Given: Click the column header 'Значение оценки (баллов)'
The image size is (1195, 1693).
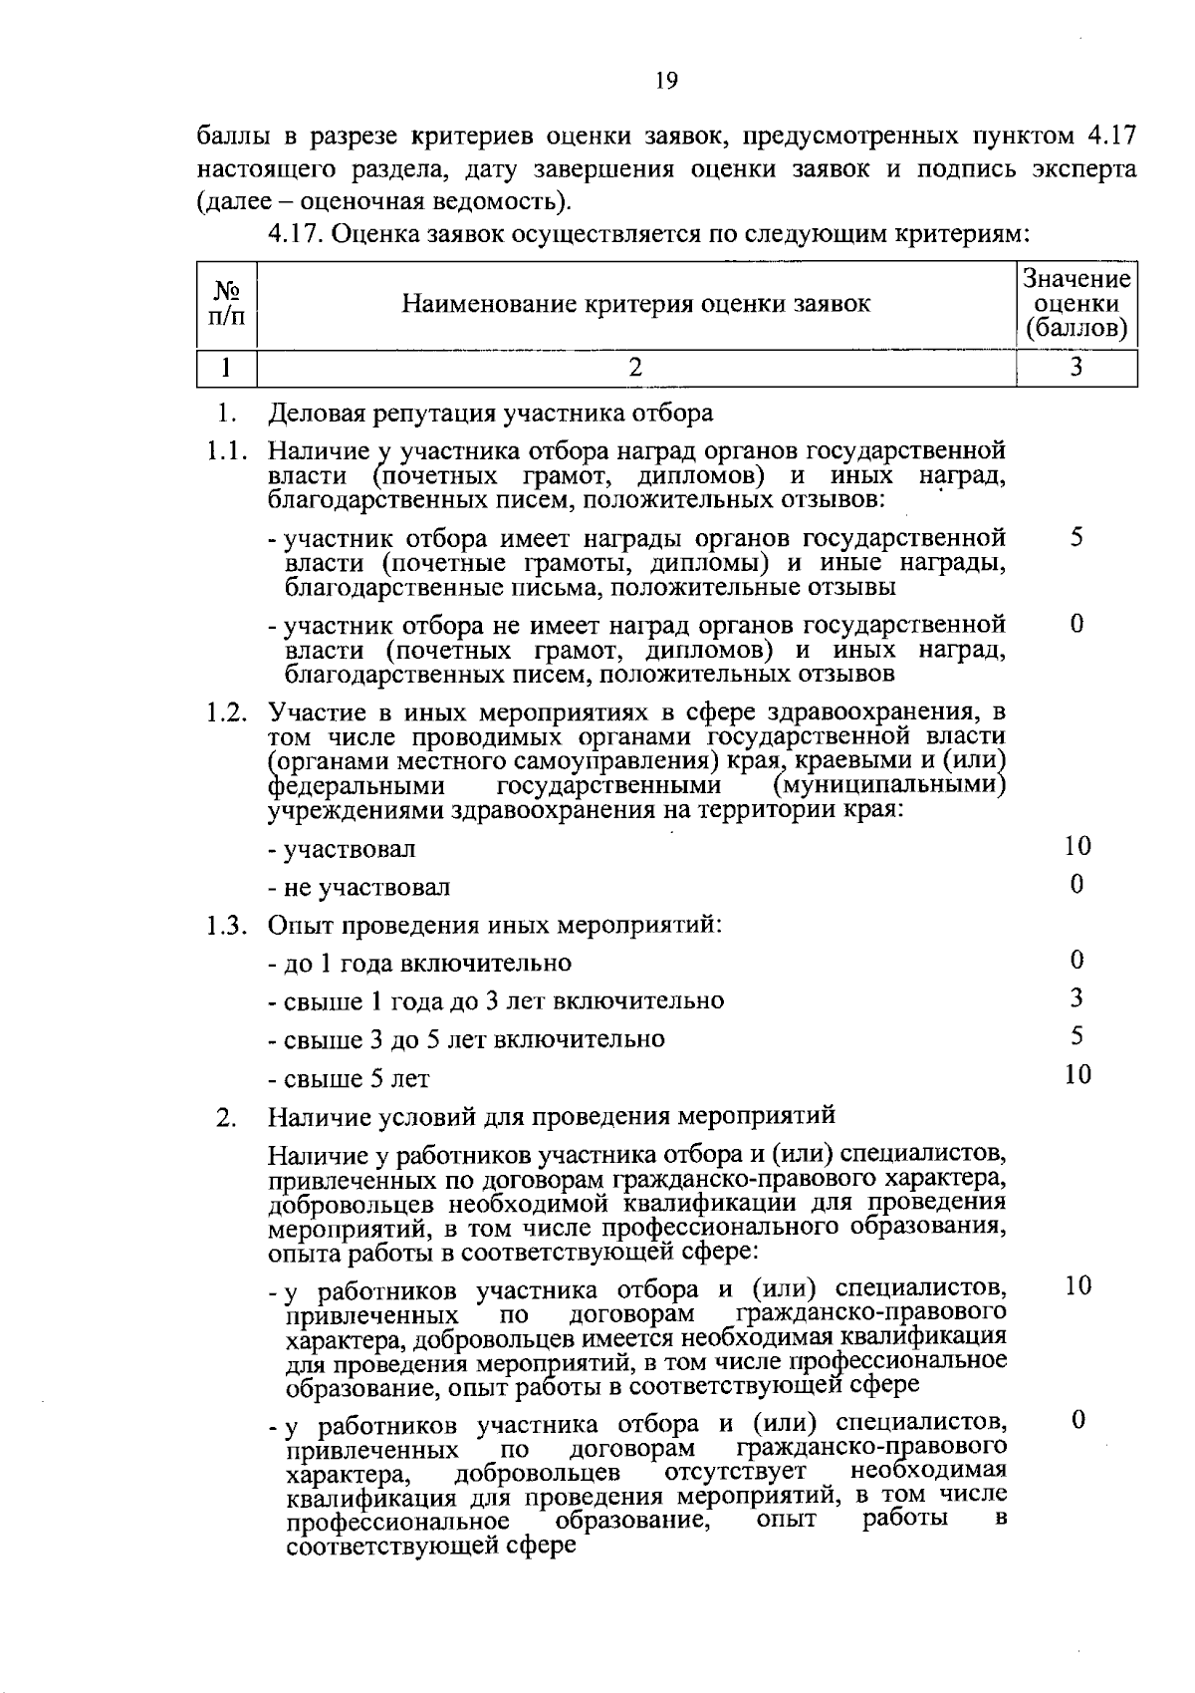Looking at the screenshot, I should tap(1076, 304).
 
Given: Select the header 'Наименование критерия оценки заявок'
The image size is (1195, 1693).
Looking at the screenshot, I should tap(635, 303).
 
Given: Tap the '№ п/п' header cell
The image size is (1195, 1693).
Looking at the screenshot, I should tap(226, 303).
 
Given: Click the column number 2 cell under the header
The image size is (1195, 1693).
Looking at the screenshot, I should tap(635, 368).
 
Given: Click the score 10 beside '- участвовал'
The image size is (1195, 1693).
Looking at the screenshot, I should tap(1076, 847).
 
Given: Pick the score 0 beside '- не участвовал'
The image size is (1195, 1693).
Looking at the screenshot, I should tap(1076, 884).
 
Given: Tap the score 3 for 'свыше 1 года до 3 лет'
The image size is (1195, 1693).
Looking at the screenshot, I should tap(1076, 998).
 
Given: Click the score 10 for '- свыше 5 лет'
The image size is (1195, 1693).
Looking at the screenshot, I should tap(1076, 1074).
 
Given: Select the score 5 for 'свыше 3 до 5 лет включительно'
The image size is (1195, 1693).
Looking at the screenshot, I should tap(1076, 1036).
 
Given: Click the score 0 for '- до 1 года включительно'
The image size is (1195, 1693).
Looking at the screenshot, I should tap(1076, 961).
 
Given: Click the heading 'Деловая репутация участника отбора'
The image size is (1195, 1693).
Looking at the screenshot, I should tap(491, 413).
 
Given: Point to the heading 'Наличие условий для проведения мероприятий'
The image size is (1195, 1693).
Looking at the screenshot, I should tap(552, 1115).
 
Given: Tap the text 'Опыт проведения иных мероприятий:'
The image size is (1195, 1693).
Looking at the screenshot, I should tap(494, 925).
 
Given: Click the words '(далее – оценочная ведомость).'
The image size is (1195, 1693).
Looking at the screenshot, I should tap(385, 202).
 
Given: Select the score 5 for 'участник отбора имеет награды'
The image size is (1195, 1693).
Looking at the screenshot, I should tap(1076, 538).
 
